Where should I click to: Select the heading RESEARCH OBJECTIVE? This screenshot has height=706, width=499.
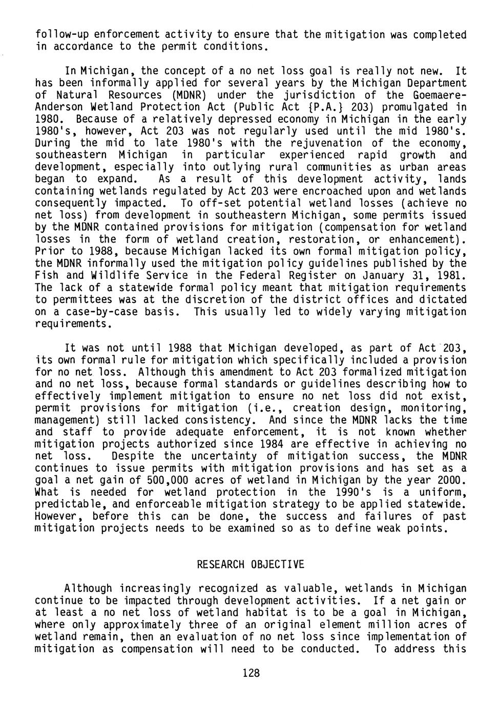click(251, 564)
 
